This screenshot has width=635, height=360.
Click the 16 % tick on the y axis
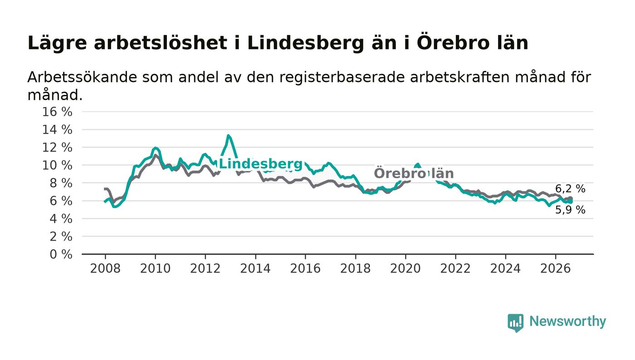(57, 112)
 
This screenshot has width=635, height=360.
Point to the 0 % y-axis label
(61, 254)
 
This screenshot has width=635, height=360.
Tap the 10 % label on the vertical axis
(57, 165)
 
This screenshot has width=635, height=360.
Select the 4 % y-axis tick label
(61, 219)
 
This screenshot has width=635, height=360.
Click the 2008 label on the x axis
(105, 268)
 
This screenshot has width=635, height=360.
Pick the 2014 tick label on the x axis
(255, 268)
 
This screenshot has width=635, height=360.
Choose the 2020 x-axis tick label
(405, 268)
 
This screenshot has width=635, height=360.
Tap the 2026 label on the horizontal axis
(555, 268)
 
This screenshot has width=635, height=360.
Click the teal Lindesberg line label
(261, 164)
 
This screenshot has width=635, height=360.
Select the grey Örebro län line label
(414, 173)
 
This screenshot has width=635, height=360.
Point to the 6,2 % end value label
(570, 189)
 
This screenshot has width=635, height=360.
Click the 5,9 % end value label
(570, 210)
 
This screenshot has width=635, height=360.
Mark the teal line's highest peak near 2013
(228, 136)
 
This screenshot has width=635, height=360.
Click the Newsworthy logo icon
(515, 323)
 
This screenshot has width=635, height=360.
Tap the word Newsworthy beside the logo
(567, 321)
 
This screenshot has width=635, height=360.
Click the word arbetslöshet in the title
(161, 43)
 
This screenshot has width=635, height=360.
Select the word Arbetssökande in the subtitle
(82, 77)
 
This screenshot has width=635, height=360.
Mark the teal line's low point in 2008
(114, 207)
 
